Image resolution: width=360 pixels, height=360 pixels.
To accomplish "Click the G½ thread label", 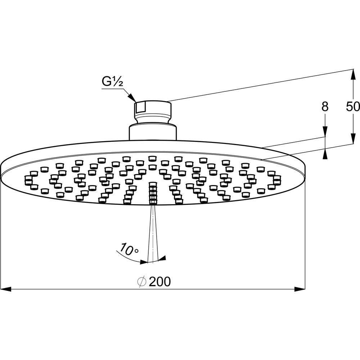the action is [x=112, y=82].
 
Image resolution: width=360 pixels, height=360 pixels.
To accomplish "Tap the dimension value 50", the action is [x=353, y=107].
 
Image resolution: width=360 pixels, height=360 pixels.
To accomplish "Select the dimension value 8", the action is [x=325, y=107].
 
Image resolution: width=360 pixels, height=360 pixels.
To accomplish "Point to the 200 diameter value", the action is [x=160, y=282].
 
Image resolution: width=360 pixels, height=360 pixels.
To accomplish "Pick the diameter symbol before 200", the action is [x=141, y=282].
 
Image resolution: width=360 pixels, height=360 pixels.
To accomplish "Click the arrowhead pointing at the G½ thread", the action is [x=132, y=97].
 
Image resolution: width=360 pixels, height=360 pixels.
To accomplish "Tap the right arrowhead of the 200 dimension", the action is [x=300, y=289].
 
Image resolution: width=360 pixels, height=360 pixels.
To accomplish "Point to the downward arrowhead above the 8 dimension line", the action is [x=325, y=131].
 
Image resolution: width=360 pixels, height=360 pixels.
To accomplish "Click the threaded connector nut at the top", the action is [x=153, y=109].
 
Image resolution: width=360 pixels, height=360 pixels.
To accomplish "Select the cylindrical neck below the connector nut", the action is [x=153, y=132].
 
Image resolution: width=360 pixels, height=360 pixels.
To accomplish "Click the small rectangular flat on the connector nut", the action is [x=140, y=107].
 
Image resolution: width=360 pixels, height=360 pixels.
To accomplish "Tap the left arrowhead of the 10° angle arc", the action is [x=144, y=262].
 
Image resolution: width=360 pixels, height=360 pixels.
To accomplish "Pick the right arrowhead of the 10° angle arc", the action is [x=162, y=258].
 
